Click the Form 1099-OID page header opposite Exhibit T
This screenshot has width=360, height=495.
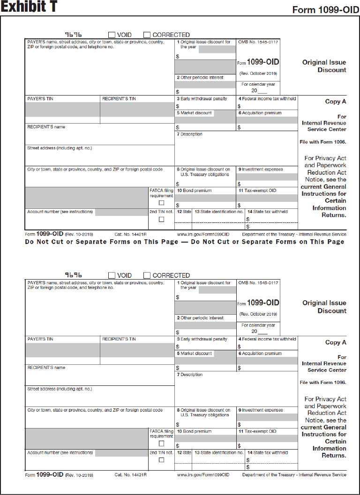(326, 10)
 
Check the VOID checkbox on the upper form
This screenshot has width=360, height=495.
(112, 35)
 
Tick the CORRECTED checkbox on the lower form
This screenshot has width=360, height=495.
(147, 275)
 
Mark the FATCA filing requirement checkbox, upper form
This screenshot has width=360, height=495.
(161, 203)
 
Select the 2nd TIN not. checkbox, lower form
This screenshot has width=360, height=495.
(161, 460)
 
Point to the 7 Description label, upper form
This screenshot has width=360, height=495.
(189, 134)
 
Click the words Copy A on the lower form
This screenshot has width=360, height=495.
(336, 342)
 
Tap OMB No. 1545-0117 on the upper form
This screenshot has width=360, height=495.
(258, 42)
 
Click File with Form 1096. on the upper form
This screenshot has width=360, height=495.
(322, 141)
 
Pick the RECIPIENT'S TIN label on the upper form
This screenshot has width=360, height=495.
(119, 99)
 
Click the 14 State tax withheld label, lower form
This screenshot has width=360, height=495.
(268, 453)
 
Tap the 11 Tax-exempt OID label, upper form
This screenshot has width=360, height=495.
(257, 191)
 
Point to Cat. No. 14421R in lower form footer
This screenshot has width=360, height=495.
(131, 475)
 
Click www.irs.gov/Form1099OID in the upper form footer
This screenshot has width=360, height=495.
(203, 234)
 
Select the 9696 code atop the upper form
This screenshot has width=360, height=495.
(73, 35)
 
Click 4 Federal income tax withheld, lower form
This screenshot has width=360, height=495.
(267, 339)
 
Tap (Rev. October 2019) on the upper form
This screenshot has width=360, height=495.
(258, 74)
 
